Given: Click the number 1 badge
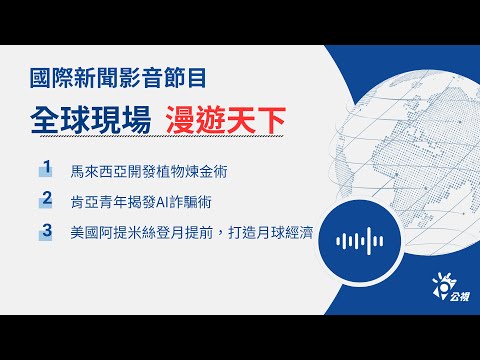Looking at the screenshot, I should pos(46,166).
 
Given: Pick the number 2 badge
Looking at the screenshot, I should pos(46,199).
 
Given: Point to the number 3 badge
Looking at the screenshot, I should pos(46,232).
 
